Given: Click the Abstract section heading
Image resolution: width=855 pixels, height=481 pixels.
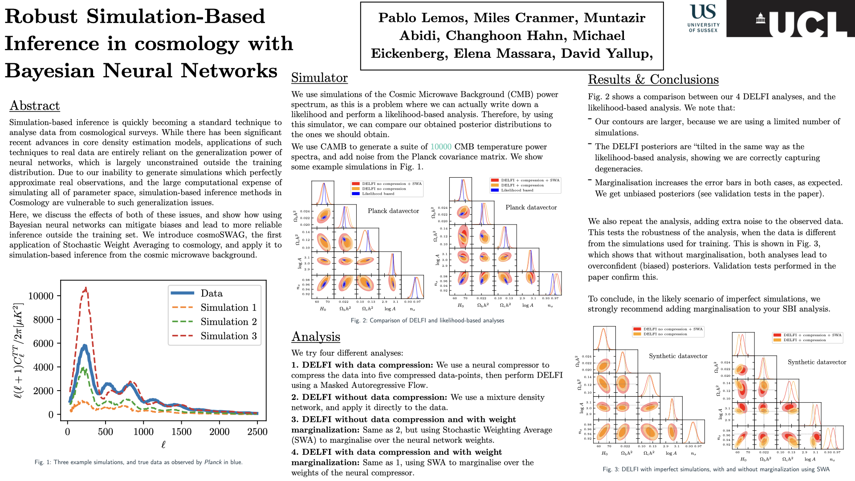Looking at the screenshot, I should tap(35, 106).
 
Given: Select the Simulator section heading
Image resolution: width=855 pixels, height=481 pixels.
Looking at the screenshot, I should tap(319, 78).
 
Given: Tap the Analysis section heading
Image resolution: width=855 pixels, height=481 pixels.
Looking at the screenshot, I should tap(316, 337).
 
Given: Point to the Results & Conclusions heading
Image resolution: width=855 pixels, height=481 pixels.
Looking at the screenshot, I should tap(653, 80).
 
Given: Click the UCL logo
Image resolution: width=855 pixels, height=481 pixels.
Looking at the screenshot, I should tap(790, 19).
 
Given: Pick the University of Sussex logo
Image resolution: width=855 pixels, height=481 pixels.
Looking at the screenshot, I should tap(703, 18).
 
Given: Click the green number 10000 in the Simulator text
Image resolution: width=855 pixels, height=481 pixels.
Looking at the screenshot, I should tap(440, 147).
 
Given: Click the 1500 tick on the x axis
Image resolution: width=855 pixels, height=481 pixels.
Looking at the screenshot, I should tap(181, 432).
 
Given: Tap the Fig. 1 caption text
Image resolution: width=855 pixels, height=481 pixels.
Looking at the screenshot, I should tap(138, 462).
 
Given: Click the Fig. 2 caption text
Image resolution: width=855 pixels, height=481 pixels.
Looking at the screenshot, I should tap(427, 321).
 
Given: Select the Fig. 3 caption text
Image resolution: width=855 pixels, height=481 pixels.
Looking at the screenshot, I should tap(716, 469).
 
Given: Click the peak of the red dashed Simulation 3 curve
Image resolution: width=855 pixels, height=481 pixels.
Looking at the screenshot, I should tap(85, 289).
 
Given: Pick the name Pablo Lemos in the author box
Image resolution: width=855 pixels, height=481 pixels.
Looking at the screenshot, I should tap(423, 18).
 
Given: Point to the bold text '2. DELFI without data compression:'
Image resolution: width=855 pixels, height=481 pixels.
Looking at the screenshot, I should tap(369, 397).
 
